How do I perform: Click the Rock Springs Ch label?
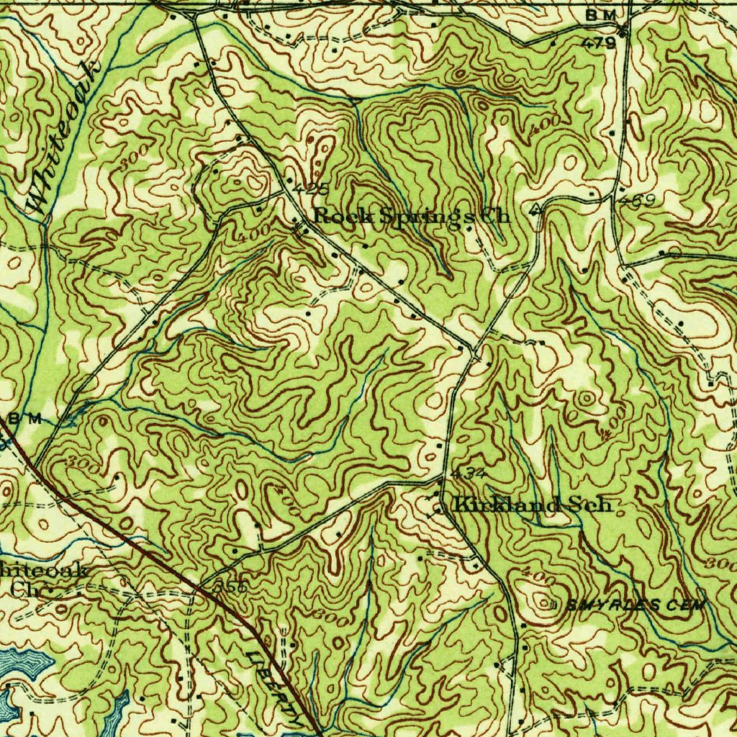pos(412,215)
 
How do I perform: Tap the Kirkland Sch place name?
pos(533,505)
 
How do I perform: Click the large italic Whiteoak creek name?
pos(65,137)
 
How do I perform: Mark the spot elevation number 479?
pos(599,43)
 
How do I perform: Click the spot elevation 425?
pos(311,189)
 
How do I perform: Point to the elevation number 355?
pos(230,587)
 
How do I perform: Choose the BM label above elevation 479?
pos(601,16)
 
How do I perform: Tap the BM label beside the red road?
pos(26,419)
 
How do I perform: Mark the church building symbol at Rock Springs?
pos(302,230)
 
